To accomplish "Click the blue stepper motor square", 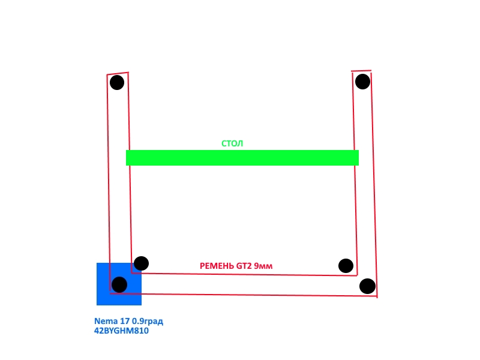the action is point(119,284).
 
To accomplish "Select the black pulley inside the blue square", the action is point(119,285).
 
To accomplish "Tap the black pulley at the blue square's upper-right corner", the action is point(141,263).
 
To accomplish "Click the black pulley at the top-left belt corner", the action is point(117,82).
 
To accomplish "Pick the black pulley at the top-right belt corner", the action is point(363,82).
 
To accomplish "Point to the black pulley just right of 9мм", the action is point(346,266).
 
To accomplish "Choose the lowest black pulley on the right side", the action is point(367,286).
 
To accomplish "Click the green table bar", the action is point(242,158).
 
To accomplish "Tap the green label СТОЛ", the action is point(232,143).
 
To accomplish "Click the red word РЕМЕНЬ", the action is point(217,266).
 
